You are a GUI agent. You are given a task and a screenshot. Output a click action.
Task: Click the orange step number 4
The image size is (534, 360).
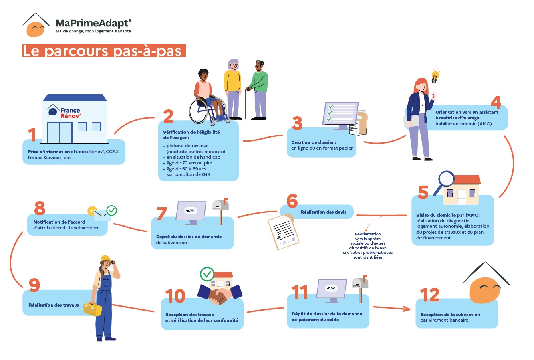(496, 102)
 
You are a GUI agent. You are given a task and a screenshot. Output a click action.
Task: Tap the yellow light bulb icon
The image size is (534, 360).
(435, 76)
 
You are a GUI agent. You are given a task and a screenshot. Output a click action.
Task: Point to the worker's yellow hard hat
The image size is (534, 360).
(105, 259)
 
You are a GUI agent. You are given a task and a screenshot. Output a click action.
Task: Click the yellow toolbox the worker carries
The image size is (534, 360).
(93, 309)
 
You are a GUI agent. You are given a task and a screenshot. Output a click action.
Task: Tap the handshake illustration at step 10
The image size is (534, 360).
(220, 295)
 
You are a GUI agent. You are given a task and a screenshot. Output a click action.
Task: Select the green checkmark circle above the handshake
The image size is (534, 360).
(207, 274)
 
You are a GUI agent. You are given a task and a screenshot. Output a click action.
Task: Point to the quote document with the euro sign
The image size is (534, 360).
(283, 231)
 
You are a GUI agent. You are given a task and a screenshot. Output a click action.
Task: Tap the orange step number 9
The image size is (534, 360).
(34, 285)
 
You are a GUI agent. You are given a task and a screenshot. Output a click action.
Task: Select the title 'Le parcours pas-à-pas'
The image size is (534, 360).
(104, 51)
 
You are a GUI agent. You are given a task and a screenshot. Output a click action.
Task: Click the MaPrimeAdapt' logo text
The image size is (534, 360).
(93, 23)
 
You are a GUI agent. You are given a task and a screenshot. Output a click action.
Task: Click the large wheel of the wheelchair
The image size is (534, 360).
(198, 111)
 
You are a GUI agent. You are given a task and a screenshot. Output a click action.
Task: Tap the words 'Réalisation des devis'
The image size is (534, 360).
(323, 212)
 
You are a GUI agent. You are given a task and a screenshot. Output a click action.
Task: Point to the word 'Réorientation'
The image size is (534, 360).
(368, 234)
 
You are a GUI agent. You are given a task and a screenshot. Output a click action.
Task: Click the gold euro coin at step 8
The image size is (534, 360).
(92, 211)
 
